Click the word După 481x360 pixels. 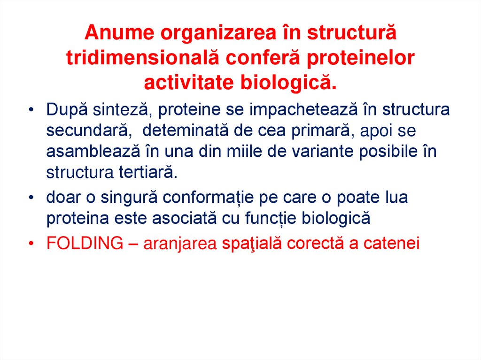[65, 110]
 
